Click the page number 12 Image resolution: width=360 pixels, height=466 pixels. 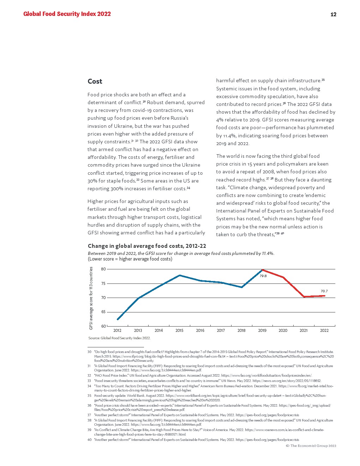pyautogui.click(x=333, y=14)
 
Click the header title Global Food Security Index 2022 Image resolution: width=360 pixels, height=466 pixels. pyautogui.click(x=67, y=14)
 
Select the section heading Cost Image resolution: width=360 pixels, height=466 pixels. pyautogui.click(x=95, y=82)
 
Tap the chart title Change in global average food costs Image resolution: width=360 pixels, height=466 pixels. pyautogui.click(x=147, y=246)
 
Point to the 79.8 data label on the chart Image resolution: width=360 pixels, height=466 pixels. pyautogui.click(x=263, y=276)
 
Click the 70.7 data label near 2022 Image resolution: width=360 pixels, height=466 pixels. pyautogui.click(x=324, y=291)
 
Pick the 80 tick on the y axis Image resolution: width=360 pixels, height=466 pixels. pyautogui.click(x=103, y=269)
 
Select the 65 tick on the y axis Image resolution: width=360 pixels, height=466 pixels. pyautogui.click(x=103, y=312)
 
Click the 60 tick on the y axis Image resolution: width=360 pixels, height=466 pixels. pyautogui.click(x=103, y=326)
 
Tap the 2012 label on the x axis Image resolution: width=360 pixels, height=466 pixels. pyautogui.click(x=117, y=331)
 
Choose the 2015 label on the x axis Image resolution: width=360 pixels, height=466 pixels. pyautogui.click(x=179, y=331)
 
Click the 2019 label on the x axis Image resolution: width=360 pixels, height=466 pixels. pyautogui.click(x=262, y=331)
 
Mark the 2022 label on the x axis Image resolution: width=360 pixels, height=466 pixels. pyautogui.click(x=324, y=331)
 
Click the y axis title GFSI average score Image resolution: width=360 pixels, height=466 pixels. pyautogui.click(x=91, y=298)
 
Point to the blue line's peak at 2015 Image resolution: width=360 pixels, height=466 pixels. pyautogui.click(x=180, y=275)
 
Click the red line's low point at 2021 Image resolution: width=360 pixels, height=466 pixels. pyautogui.click(x=304, y=297)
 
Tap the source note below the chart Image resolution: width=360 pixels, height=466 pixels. pyautogui.click(x=119, y=338)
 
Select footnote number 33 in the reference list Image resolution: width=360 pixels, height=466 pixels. pyautogui.click(x=89, y=381)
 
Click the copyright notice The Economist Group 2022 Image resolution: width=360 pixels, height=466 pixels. pyautogui.click(x=311, y=446)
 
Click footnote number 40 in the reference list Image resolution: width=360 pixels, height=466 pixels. pyautogui.click(x=89, y=440)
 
